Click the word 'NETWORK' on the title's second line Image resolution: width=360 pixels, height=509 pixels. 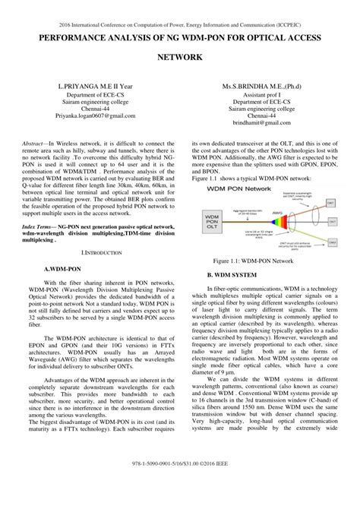(180, 57)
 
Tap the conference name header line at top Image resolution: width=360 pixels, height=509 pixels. (180, 23)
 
